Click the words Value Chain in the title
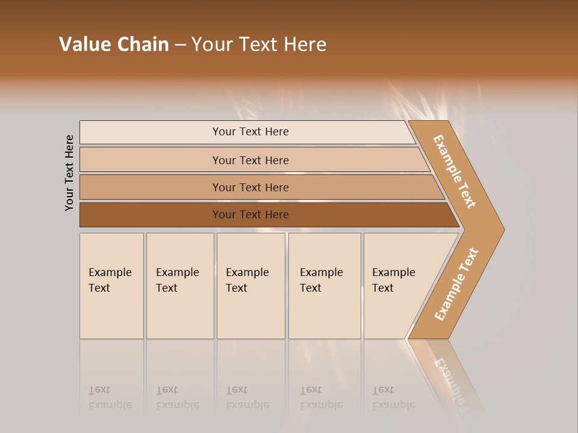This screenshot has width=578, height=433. click(114, 45)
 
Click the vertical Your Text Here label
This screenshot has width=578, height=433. click(69, 173)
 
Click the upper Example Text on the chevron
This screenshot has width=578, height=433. click(455, 171)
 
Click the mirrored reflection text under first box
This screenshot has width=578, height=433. click(110, 398)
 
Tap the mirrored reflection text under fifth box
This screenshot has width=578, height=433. click(393, 398)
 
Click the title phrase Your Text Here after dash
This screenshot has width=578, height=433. click(259, 45)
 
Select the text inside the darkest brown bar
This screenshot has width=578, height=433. click(250, 215)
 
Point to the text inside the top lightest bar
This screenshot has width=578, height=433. click(250, 132)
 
